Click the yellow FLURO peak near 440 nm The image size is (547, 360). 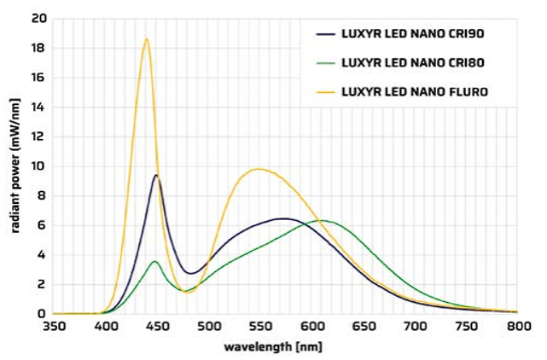click(x=147, y=38)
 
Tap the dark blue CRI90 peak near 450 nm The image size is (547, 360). click(x=156, y=175)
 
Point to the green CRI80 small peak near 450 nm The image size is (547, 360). click(x=154, y=261)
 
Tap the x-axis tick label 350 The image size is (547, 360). click(x=53, y=328)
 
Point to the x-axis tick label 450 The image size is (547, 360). click(x=157, y=328)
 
